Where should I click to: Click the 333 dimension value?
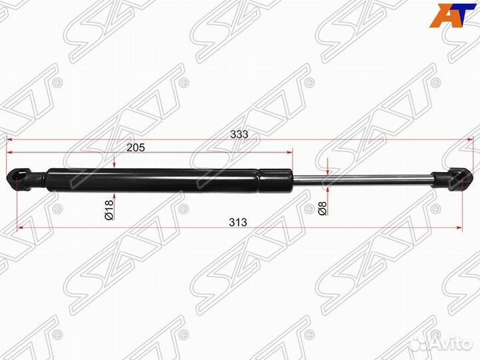[x=239, y=135]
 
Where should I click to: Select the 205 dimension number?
[x=135, y=147]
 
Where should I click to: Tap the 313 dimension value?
[x=238, y=222]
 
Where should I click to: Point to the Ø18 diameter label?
[x=109, y=210]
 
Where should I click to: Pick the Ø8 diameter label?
[x=323, y=208]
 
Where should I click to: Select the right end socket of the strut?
[x=451, y=179]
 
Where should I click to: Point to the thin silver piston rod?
[x=362, y=180]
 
